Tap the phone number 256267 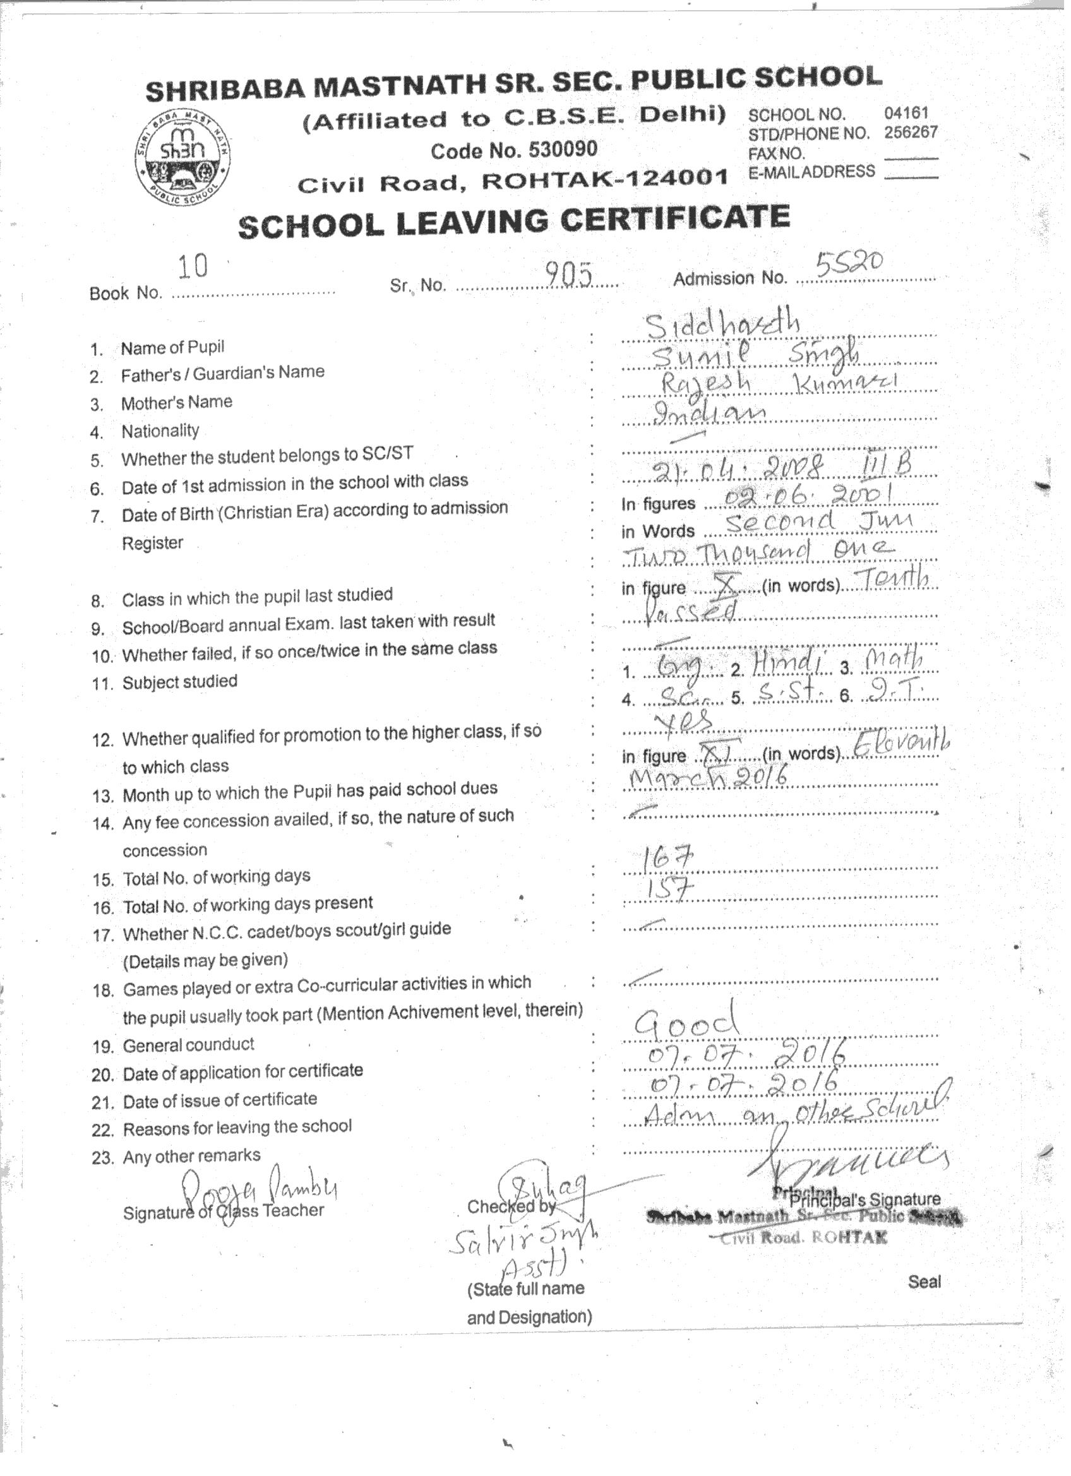point(910,132)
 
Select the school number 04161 point(906,112)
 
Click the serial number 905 point(568,276)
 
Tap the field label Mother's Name point(176,402)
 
